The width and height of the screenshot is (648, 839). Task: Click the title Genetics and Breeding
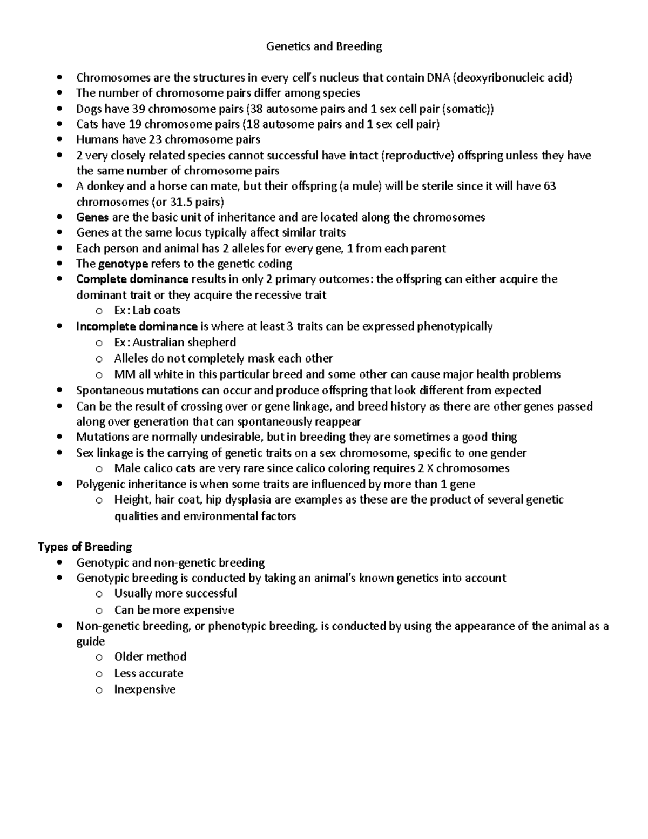tap(324, 46)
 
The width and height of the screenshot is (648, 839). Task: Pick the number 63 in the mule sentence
tap(550, 186)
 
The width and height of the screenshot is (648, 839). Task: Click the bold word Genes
tap(92, 217)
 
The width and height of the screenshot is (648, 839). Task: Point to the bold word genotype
tap(123, 264)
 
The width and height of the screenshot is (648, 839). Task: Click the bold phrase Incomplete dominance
tap(137, 326)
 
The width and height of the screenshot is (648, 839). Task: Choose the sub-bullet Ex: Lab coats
tap(147, 311)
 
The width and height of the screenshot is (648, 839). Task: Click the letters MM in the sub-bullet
tap(123, 374)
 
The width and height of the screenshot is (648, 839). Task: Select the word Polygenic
tap(99, 484)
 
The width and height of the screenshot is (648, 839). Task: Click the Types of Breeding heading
tap(85, 547)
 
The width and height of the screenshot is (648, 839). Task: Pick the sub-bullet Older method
tap(150, 657)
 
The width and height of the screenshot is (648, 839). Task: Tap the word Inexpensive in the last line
tap(145, 690)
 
